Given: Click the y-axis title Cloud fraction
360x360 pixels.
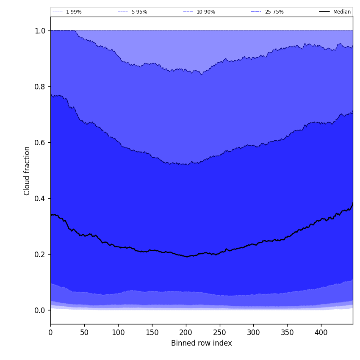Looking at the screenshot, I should pyautogui.click(x=27, y=171).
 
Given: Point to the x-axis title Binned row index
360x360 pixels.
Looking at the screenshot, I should pyautogui.click(x=202, y=343).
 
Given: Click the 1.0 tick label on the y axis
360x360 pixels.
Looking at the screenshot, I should pyautogui.click(x=40, y=31).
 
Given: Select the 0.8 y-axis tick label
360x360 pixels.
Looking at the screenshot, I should pyautogui.click(x=40, y=87).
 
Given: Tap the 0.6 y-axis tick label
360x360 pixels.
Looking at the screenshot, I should pyautogui.click(x=40, y=143).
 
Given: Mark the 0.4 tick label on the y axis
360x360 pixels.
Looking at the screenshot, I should pyautogui.click(x=40, y=199).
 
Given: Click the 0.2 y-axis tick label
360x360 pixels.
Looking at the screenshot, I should pyautogui.click(x=40, y=255).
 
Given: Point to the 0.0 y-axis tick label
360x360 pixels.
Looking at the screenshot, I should pyautogui.click(x=40, y=310).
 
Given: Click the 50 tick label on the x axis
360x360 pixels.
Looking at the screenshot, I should pyautogui.click(x=84, y=332).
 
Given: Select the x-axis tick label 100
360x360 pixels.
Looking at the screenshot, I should pyautogui.click(x=118, y=332).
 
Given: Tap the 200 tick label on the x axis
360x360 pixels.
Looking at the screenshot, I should pyautogui.click(x=186, y=332).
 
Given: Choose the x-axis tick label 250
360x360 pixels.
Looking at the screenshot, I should pyautogui.click(x=219, y=332).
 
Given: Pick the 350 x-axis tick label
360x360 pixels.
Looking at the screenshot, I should pyautogui.click(x=287, y=332).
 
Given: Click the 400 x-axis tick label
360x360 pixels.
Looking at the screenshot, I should pyautogui.click(x=321, y=332).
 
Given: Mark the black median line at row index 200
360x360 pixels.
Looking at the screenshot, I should pyautogui.click(x=186, y=256).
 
